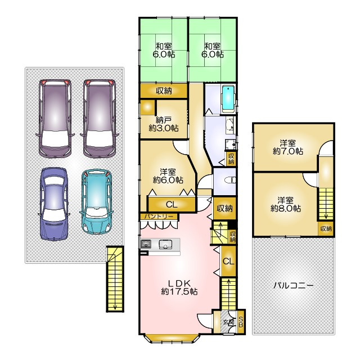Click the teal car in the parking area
tap(97, 201)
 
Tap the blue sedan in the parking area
tap(54, 204)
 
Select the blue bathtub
tap(228, 99)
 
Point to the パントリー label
tap(159, 217)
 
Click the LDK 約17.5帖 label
tap(179, 287)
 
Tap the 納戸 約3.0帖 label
tap(164, 124)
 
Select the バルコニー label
tap(294, 286)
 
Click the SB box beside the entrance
tap(241, 322)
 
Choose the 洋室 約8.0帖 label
tap(286, 204)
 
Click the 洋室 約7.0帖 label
tap(287, 147)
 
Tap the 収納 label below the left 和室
tap(164, 91)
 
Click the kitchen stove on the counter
tap(146, 244)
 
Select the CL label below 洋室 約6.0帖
tap(172, 204)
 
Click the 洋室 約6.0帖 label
tap(168, 176)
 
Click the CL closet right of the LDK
tap(228, 261)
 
